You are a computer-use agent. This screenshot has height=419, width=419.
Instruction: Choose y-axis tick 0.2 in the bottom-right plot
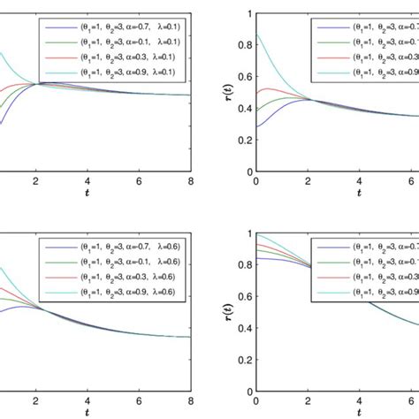coord(243,357)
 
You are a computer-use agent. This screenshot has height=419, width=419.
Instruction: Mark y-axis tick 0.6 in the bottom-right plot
coord(243,295)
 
